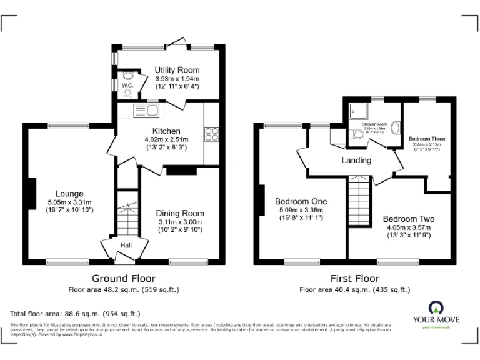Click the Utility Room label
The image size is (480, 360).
[177, 70]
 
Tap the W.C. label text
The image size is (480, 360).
[127, 85]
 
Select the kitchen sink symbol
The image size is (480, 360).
[147, 111]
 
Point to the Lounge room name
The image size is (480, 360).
[69, 194]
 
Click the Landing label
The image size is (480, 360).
[356, 161]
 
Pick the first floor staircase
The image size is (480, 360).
[359, 195]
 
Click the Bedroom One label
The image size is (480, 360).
[301, 201]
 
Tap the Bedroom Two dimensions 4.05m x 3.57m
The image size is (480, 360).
[408, 228]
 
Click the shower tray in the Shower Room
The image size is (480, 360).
[359, 111]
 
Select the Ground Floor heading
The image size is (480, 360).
[124, 278]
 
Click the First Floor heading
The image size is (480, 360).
[354, 279]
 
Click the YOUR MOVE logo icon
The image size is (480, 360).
[436, 307]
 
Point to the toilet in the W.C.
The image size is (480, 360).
[127, 94]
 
